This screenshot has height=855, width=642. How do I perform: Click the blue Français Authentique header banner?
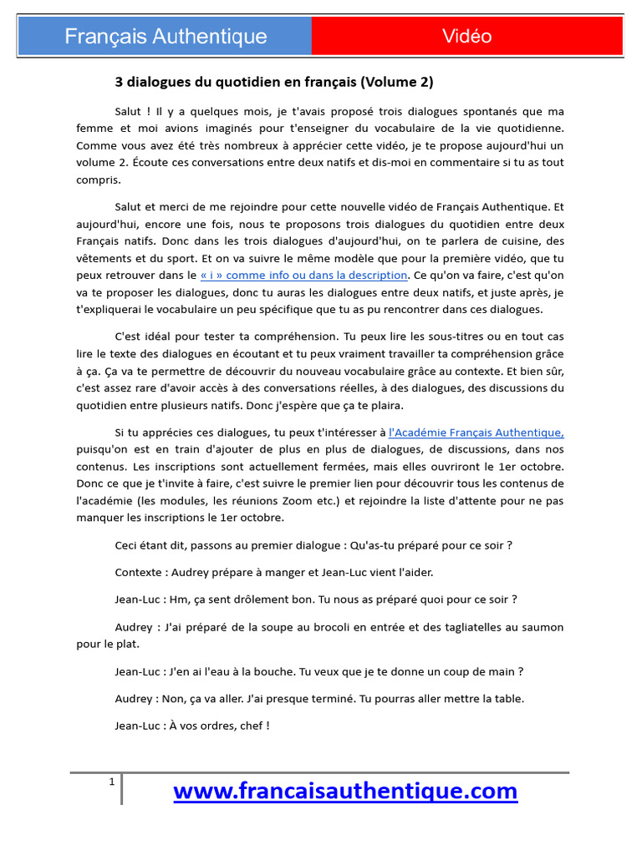coord(166,37)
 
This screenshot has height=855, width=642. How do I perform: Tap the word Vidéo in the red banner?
coord(466,36)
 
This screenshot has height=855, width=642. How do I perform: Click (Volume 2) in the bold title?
coord(397,83)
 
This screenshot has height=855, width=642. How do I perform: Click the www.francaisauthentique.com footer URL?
coord(345,790)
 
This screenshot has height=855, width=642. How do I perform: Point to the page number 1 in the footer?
coord(111,782)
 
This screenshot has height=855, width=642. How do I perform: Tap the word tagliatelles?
coord(481,626)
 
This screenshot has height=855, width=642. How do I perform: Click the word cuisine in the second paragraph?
coord(476,240)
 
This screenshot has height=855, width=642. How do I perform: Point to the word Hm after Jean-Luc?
coord(178,599)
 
